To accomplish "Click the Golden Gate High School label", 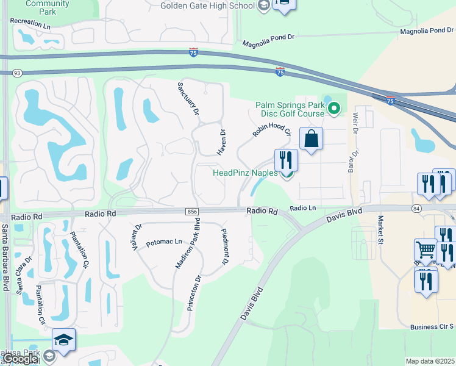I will click(207, 6).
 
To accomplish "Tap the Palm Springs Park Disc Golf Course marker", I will click(333, 110).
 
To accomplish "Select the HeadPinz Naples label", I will click(245, 173).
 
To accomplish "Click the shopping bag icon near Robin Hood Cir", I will click(311, 139).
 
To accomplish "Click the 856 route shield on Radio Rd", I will click(191, 211).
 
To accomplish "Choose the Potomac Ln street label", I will click(164, 243).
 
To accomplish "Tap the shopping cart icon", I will click(426, 249).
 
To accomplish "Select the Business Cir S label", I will click(432, 327).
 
